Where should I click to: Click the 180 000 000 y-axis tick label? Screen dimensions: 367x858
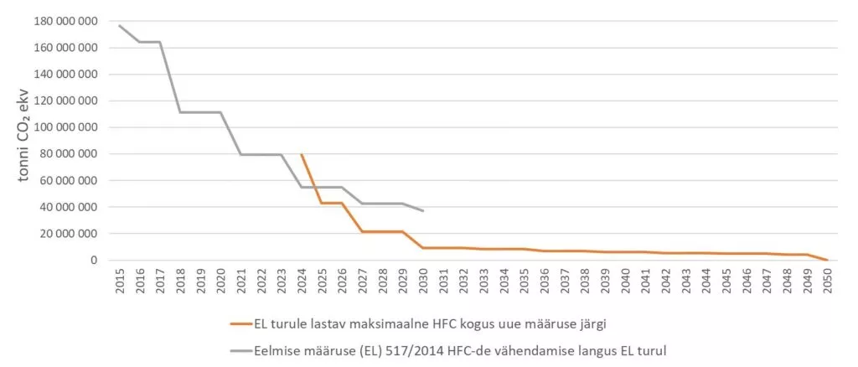coord(63,21)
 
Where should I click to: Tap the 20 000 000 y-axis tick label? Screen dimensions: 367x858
coord(66,234)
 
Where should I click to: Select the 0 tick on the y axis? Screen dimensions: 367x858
coord(95,261)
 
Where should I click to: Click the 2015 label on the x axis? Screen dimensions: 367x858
coord(119,281)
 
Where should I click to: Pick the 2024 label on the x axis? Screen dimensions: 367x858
coord(302,281)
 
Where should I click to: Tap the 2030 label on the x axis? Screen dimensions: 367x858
coord(423,281)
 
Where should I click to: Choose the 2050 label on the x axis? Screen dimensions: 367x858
coord(828,281)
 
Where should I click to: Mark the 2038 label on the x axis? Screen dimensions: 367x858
coord(585,281)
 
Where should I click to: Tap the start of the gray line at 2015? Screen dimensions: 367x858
coord(119,25)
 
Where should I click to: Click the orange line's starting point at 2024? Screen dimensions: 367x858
coord(302,154)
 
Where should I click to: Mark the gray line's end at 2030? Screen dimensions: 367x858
coord(423,210)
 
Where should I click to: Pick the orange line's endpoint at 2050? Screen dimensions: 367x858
coord(828,260)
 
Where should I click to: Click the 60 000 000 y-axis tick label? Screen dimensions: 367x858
coord(66,181)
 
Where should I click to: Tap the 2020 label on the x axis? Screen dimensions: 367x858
coord(220,281)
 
